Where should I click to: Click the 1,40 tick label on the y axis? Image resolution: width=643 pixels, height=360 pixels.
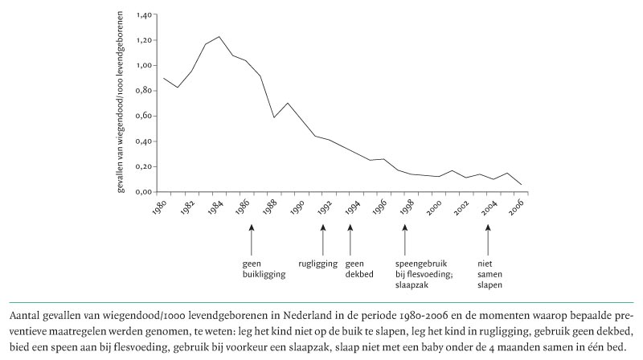[x=144, y=15]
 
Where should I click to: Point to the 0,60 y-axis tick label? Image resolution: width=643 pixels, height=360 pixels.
[x=144, y=116]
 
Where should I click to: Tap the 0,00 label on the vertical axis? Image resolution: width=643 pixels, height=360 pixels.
[x=144, y=192]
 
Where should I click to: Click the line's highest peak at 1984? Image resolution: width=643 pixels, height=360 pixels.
[x=219, y=36]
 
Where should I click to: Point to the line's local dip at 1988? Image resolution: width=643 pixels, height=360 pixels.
[x=274, y=117]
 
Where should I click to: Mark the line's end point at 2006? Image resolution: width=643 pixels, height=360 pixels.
[x=521, y=185]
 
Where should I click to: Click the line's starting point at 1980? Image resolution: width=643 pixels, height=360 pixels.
[x=164, y=78]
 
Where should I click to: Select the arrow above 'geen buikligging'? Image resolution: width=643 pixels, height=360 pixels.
[x=252, y=239]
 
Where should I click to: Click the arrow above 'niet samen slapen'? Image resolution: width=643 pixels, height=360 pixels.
[x=488, y=239]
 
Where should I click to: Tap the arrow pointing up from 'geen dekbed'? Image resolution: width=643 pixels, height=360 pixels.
[x=350, y=239]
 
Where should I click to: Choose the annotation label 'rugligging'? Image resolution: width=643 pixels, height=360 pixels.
[x=317, y=264]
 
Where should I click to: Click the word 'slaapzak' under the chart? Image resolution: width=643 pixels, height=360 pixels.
[x=412, y=284]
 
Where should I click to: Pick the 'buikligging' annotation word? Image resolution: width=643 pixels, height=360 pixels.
[x=264, y=274]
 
